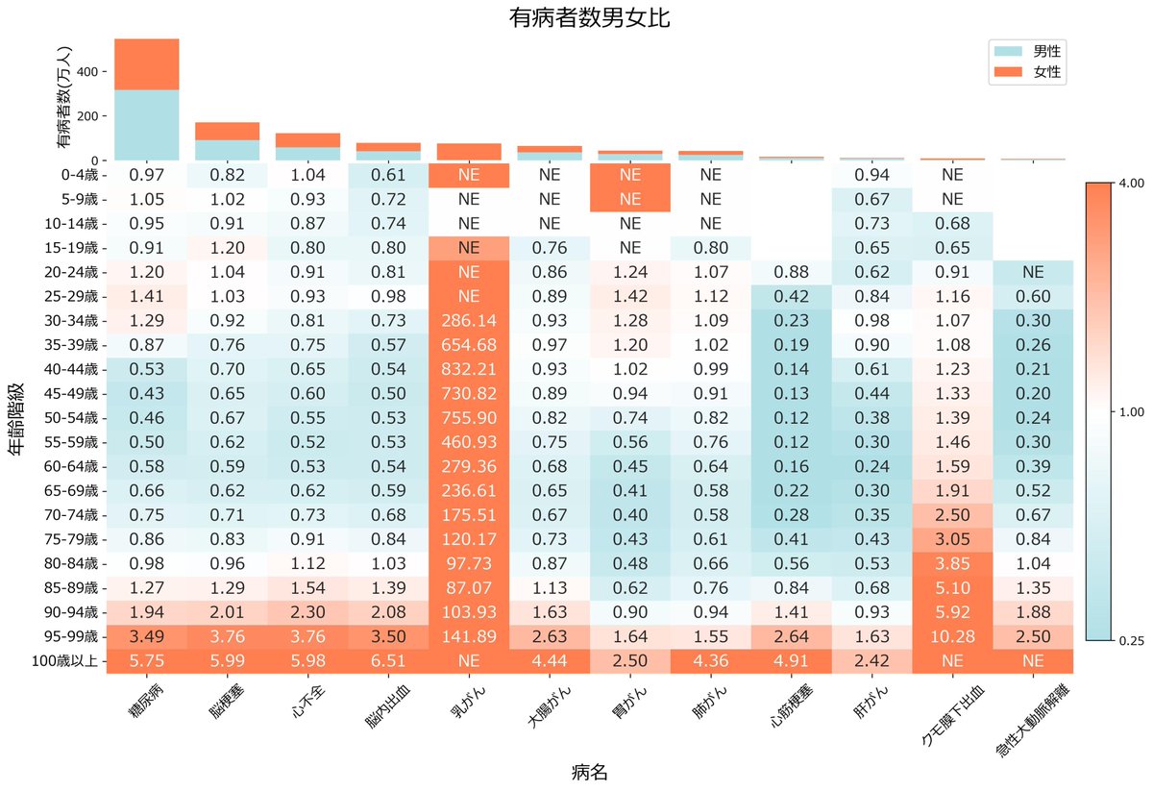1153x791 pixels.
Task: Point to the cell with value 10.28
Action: (952, 637)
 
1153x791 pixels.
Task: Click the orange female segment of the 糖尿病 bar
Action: (146, 64)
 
